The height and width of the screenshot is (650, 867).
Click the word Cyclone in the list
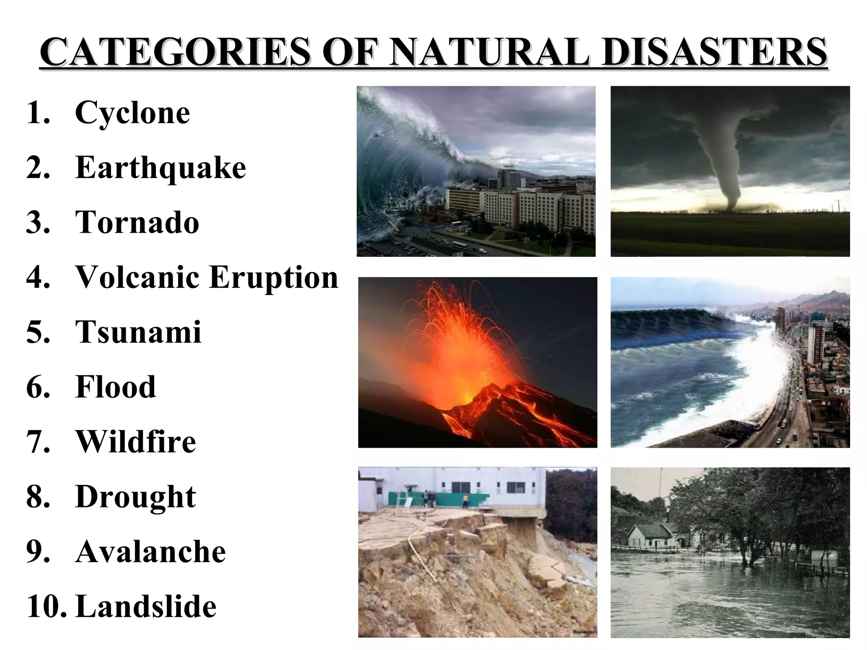pos(133,113)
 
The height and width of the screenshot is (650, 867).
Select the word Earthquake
pos(160,168)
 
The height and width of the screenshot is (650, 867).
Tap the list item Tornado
pos(137,222)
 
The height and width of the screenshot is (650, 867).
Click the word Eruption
pos(274,278)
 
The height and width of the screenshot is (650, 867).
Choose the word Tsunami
pos(138,332)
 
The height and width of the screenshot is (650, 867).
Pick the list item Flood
pos(116,387)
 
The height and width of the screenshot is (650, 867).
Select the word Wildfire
pos(135,441)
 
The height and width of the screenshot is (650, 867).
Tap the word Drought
pos(135,496)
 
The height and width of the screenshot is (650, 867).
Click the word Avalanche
pos(150,551)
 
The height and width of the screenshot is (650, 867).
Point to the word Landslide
pos(146,606)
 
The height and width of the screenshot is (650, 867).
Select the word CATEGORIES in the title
pos(175,52)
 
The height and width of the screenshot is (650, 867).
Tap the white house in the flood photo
pos(648,536)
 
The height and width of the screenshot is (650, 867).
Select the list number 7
pos(38,441)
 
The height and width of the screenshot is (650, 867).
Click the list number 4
pos(38,277)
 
